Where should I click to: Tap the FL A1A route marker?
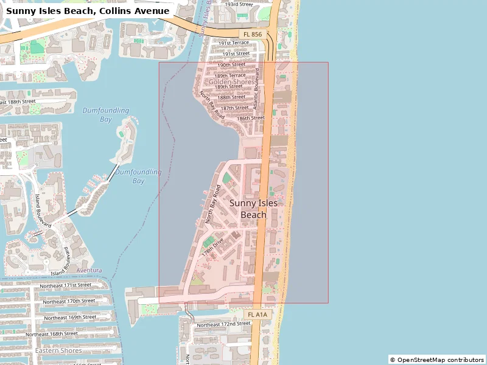tap(258, 314)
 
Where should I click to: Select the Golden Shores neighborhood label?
tap(231, 82)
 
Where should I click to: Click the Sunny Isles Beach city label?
tap(253, 209)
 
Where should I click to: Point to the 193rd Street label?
tap(239, 4)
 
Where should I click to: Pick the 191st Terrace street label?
tap(234, 43)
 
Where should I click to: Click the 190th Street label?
tap(231, 64)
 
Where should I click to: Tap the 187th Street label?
tap(235, 108)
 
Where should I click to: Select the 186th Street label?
tap(251, 117)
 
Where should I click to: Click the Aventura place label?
tap(89, 269)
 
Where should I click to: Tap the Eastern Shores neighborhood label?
tap(58, 350)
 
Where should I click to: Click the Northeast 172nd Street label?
tap(223, 324)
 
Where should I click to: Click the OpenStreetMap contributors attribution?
tap(437, 360)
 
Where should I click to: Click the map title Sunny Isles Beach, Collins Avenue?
tap(88, 10)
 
